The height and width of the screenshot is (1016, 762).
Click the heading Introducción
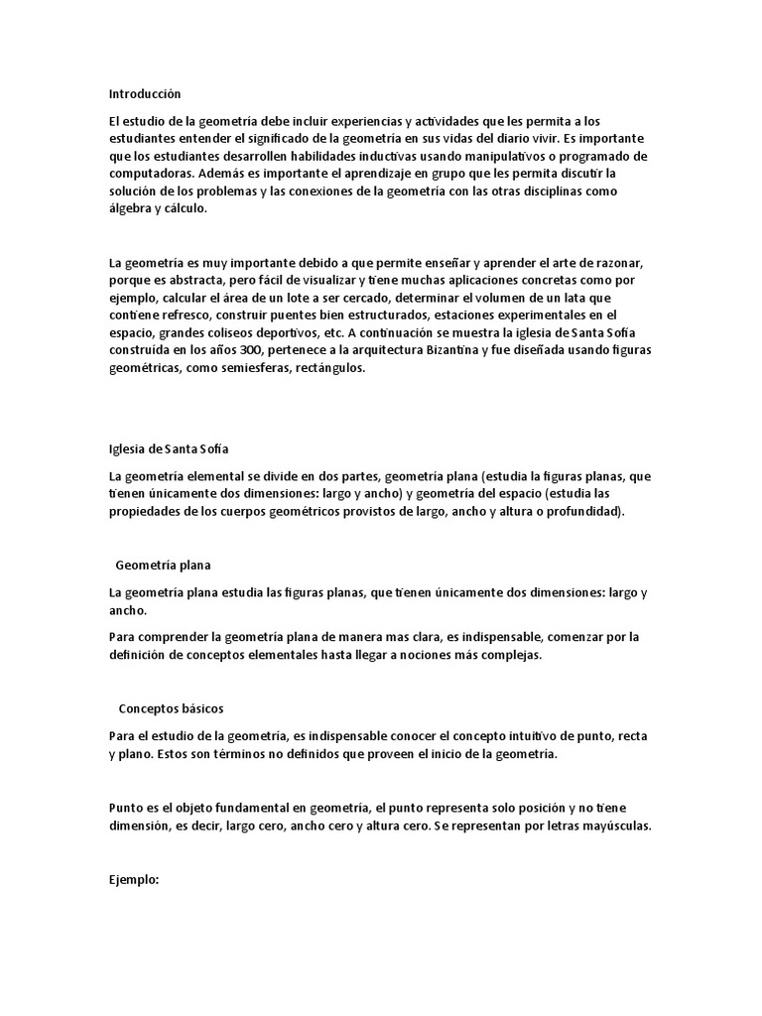coord(145,94)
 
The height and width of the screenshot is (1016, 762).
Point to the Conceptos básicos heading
coord(171,709)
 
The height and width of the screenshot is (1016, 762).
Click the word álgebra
coord(131,209)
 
